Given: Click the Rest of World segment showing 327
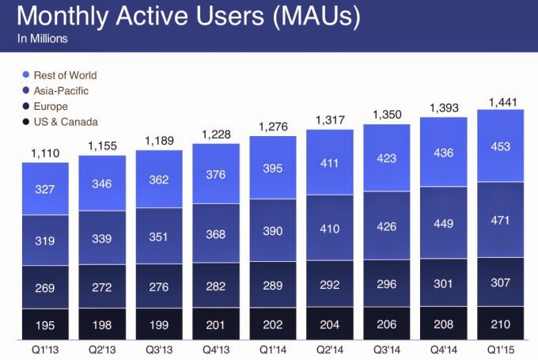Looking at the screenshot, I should [45, 189].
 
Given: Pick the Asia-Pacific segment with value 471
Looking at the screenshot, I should [501, 220].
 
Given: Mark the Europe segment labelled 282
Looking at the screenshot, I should [216, 285].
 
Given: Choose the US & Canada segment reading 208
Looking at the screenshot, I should [444, 323].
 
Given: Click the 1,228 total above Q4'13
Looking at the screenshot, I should [216, 135].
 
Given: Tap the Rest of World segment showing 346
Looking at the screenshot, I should [102, 183].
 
